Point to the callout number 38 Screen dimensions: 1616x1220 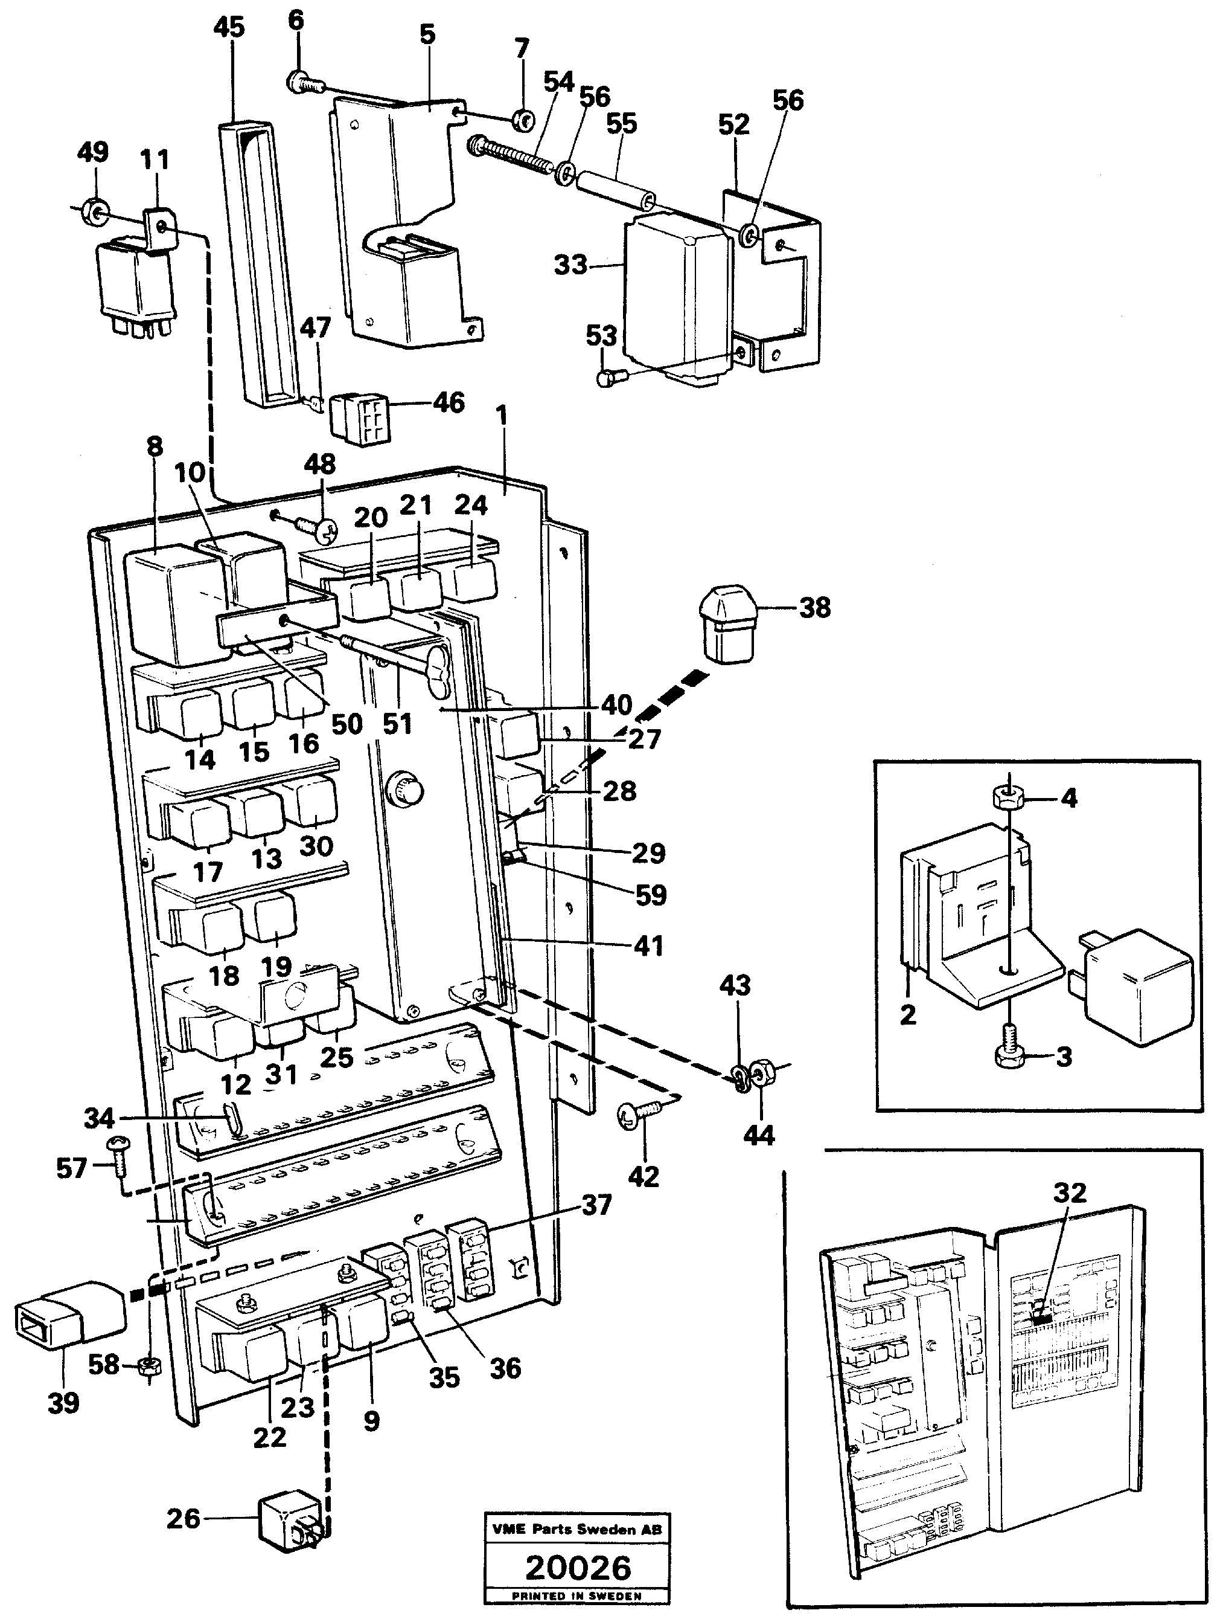[x=815, y=607]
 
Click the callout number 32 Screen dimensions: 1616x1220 [x=1070, y=1193]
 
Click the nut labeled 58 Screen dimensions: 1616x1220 [x=149, y=1365]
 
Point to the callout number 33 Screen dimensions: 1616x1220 [x=570, y=265]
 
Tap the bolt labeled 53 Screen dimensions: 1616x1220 [x=605, y=378]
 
